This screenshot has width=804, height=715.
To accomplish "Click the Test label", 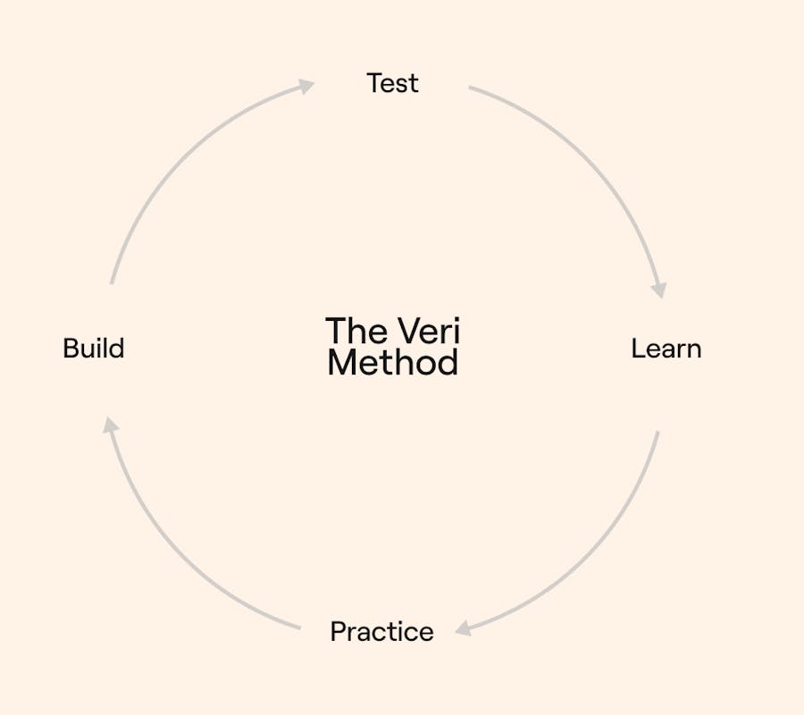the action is [x=392, y=83].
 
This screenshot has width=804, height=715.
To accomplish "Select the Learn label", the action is [x=666, y=349].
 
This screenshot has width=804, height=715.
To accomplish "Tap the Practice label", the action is [x=382, y=631].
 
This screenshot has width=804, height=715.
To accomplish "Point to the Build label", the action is [x=93, y=349].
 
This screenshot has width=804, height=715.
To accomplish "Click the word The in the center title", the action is [x=356, y=331].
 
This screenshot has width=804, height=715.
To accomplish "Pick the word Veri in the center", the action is [x=429, y=331].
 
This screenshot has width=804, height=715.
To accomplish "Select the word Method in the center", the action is [x=392, y=363].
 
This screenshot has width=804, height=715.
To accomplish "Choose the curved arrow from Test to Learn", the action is [x=597, y=159].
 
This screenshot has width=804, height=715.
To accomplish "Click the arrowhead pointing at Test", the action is [x=306, y=86].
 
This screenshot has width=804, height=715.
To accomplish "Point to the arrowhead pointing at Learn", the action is [x=659, y=290].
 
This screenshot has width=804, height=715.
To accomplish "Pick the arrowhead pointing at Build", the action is [x=110, y=425].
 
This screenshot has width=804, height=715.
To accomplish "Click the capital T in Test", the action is [x=375, y=83].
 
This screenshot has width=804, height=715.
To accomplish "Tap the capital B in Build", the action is [x=71, y=349].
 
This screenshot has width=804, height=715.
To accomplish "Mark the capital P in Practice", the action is [x=339, y=631].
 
